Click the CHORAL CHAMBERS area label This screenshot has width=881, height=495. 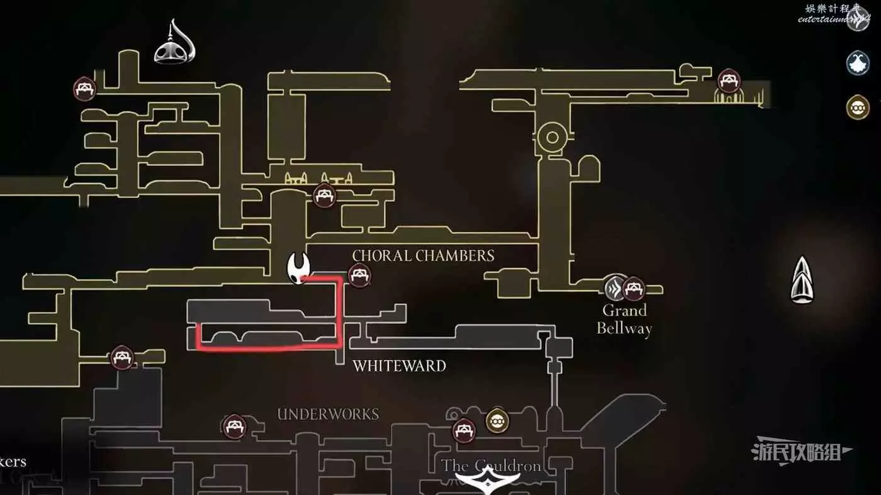coord(423,255)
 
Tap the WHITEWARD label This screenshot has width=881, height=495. coord(399,365)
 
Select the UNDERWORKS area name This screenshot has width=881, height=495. coord(328,414)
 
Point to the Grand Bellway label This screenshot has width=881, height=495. coord(624,319)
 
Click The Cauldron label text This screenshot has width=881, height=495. coord(491,466)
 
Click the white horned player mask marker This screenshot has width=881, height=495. coord(297,269)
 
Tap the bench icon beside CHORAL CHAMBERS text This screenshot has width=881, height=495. coord(359,275)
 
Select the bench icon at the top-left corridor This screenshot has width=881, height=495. coord(84,89)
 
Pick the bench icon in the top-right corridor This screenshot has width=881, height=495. coord(729,81)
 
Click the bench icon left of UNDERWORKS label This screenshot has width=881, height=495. coord(234,426)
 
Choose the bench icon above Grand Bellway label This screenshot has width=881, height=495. coord(633,288)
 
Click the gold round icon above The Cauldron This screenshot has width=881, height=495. coord(497,420)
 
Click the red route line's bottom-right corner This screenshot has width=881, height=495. coord(340,345)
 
